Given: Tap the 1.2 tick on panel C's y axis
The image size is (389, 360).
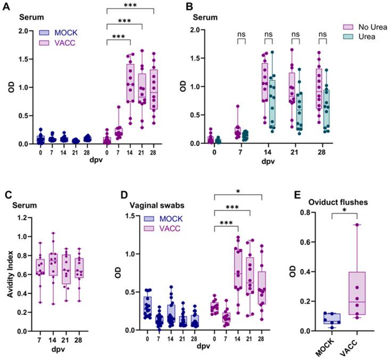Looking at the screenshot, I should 23,217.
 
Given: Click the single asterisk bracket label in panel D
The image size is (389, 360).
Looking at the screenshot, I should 238,191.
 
